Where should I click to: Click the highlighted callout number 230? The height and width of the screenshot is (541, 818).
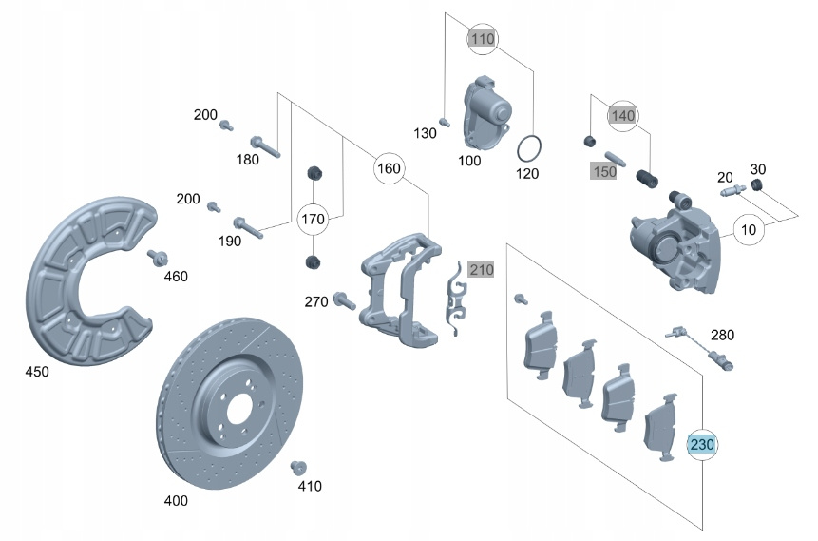(x=702, y=444)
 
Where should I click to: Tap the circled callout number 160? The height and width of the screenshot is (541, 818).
(x=389, y=168)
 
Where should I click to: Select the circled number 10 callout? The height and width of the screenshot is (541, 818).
(x=748, y=230)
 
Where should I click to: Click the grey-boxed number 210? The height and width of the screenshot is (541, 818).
(x=482, y=270)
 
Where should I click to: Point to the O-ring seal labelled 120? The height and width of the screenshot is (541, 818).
(x=529, y=149)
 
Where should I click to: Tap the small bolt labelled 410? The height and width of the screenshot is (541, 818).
(x=296, y=467)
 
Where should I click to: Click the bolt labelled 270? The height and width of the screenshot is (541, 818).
(x=344, y=303)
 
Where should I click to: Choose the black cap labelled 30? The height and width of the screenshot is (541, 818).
(x=757, y=184)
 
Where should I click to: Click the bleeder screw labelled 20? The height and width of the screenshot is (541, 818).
(x=731, y=192)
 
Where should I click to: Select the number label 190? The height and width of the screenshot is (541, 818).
(x=229, y=242)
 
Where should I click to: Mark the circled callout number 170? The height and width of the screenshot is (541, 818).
(x=313, y=220)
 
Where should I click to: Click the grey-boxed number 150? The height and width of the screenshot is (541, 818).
(x=604, y=171)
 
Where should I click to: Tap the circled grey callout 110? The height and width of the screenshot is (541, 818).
(x=483, y=40)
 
